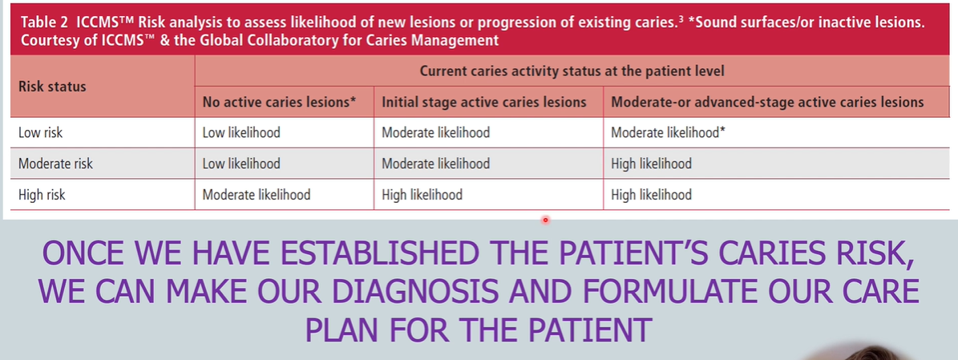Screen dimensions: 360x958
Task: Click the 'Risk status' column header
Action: pos(52,86)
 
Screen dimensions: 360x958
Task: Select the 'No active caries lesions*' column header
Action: pos(279,102)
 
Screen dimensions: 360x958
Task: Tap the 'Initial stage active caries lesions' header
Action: pos(483,102)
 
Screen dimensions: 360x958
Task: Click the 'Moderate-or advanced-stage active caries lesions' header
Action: pos(766,102)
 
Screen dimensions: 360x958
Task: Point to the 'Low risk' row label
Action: pos(40,132)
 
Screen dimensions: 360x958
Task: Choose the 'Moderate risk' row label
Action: pos(55,164)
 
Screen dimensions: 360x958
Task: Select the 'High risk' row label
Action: pos(42,194)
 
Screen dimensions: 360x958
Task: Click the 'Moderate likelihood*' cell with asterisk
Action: pos(668,132)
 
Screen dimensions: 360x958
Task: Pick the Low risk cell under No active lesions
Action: pos(241,132)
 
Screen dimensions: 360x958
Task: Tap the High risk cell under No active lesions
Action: pos(256,194)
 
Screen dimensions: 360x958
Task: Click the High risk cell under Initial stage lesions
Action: pos(422,194)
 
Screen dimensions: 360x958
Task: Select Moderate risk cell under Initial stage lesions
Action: pos(435,164)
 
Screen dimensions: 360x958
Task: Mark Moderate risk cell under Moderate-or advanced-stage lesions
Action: pos(651,164)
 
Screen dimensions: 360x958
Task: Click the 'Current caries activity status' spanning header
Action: pos(572,71)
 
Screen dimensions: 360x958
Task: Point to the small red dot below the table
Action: pos(545,219)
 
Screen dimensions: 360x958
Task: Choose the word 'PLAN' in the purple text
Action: pos(350,329)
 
